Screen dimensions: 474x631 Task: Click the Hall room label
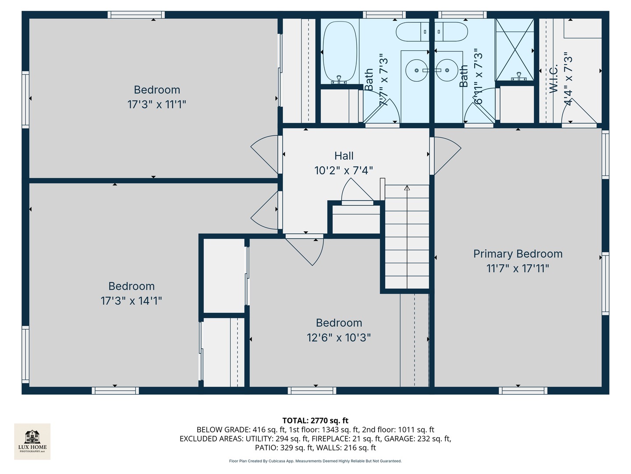(344, 156)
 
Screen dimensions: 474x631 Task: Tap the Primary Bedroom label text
(518, 254)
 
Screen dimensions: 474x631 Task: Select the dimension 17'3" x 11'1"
(157, 104)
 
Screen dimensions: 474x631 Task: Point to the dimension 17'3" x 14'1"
(131, 301)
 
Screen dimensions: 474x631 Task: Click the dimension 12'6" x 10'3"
(339, 338)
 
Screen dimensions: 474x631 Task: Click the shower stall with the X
(514, 50)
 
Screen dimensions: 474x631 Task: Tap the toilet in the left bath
(412, 32)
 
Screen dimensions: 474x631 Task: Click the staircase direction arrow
(407, 189)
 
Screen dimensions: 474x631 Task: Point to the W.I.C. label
(553, 79)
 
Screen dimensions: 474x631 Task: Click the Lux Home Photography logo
(32, 441)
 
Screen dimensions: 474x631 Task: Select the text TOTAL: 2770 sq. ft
(315, 420)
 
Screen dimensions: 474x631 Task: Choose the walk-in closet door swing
(578, 112)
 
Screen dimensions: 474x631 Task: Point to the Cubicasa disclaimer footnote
(315, 461)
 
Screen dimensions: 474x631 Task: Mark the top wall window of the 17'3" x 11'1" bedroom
(136, 15)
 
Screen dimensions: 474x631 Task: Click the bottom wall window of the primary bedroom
(523, 391)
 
